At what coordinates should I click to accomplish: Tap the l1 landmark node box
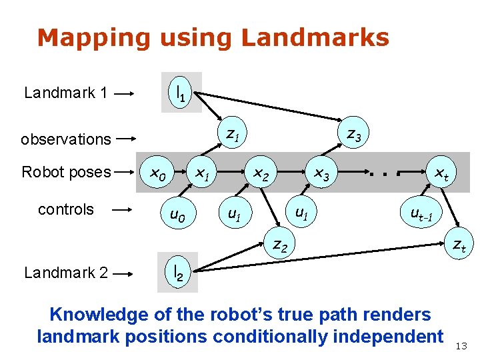pyautogui.click(x=181, y=92)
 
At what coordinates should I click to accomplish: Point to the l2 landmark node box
pyautogui.click(x=178, y=272)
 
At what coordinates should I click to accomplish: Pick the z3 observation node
pyautogui.click(x=353, y=135)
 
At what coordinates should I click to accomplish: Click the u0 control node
pyautogui.click(x=177, y=215)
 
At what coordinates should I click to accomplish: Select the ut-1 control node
pyautogui.click(x=421, y=215)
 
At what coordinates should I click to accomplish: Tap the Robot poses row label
pyautogui.click(x=66, y=172)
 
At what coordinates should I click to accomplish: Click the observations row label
pyautogui.click(x=65, y=139)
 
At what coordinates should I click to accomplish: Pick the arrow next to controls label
pyautogui.click(x=123, y=210)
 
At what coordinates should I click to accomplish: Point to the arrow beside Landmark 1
pyautogui.click(x=125, y=93)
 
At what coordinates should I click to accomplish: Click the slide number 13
pyautogui.click(x=461, y=345)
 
